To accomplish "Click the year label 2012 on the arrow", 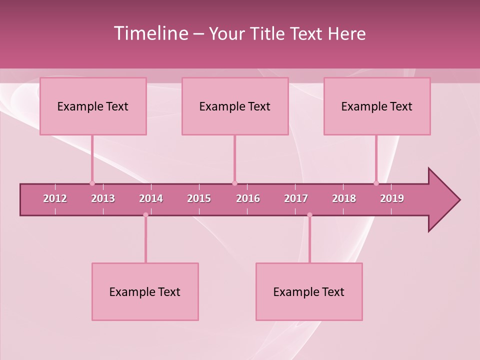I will pyautogui.click(x=55, y=198).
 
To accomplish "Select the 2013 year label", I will pyautogui.click(x=103, y=198).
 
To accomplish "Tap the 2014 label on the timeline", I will pyautogui.click(x=151, y=198).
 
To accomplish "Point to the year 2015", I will pyautogui.click(x=199, y=198).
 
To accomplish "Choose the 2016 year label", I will pyautogui.click(x=248, y=198).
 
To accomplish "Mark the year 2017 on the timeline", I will pyautogui.click(x=296, y=198).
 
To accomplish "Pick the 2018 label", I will pyautogui.click(x=344, y=198).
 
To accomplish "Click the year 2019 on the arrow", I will pyautogui.click(x=392, y=198).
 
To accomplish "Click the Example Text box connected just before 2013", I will pyautogui.click(x=93, y=106).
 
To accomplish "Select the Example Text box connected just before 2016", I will pyautogui.click(x=235, y=106).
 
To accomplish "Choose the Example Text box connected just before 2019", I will pyautogui.click(x=377, y=106).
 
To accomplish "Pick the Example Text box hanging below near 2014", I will pyautogui.click(x=145, y=291).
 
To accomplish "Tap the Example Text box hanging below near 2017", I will pyautogui.click(x=309, y=291).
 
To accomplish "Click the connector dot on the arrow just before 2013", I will pyautogui.click(x=92, y=183).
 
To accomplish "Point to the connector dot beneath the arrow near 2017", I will pyautogui.click(x=309, y=215).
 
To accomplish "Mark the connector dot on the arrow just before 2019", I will pyautogui.click(x=376, y=183).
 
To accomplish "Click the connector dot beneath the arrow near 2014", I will pyautogui.click(x=145, y=215).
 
